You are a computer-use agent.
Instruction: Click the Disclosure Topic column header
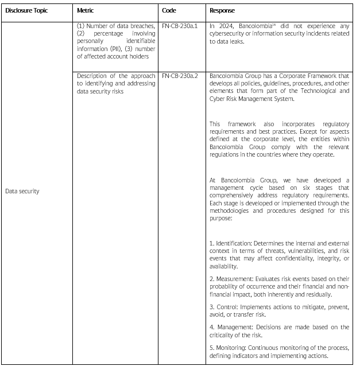pos(26,11)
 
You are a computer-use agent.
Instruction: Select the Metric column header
pos(86,11)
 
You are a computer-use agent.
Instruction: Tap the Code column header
pos(169,11)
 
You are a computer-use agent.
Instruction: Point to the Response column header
pos(222,11)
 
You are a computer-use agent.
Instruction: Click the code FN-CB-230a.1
pos(181,26)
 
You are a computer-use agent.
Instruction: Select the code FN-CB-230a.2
pos(181,76)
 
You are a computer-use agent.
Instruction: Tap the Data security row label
pos(22,192)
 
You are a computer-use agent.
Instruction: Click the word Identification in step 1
pos(231,243)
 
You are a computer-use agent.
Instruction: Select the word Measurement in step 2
pos(233,278)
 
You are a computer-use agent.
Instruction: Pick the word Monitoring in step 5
pos(231,348)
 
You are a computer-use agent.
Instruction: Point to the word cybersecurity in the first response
pos(229,33)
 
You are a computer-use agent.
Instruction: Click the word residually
pos(317,294)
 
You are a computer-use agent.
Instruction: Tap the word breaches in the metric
pos(142,26)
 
